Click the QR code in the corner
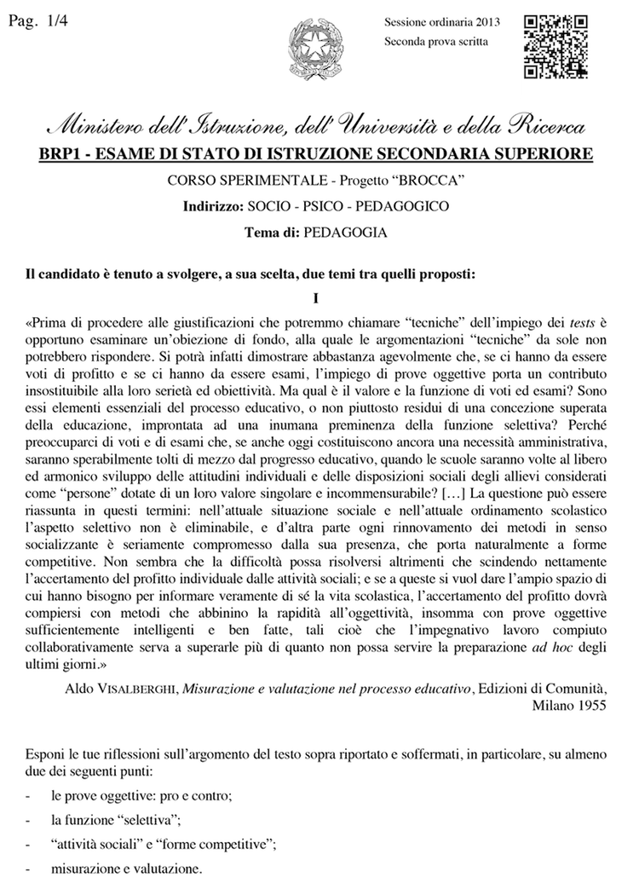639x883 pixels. pyautogui.click(x=556, y=45)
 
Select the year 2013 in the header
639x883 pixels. pyautogui.click(x=486, y=22)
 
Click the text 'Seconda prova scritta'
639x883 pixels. pyautogui.click(x=435, y=42)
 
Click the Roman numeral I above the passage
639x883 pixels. pyautogui.click(x=315, y=299)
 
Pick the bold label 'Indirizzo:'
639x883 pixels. pyautogui.click(x=213, y=206)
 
